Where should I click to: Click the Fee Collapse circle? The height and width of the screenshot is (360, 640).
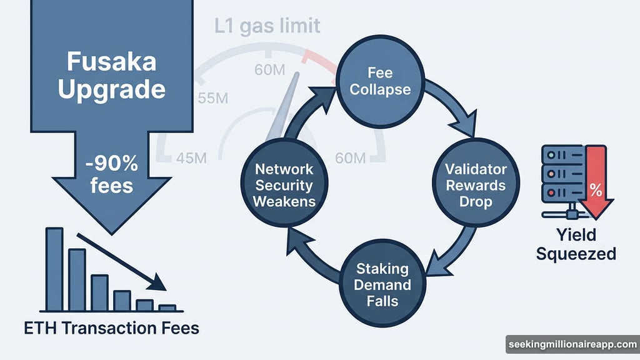(380, 82)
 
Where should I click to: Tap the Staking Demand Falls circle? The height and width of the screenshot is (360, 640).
(382, 285)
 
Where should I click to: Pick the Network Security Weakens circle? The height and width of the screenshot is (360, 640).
(284, 185)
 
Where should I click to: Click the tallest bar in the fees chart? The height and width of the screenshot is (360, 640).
(54, 269)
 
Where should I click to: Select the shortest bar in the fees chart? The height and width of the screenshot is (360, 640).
(167, 307)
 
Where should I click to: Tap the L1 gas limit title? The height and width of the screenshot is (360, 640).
(266, 26)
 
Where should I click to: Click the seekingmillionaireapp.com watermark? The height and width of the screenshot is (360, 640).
(571, 345)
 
